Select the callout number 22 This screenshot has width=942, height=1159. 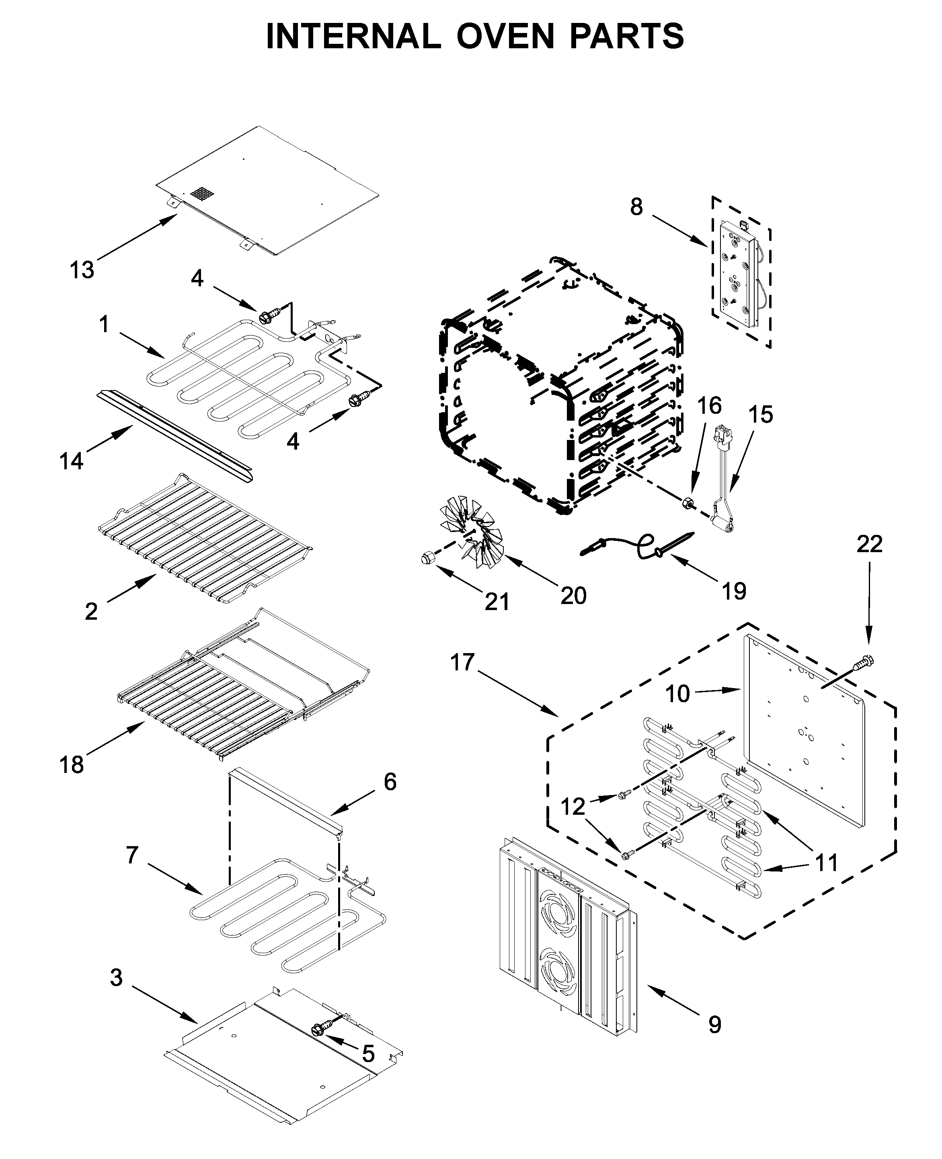(x=869, y=545)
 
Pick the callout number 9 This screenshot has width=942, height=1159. (x=714, y=1025)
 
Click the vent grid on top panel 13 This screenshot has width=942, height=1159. (x=201, y=194)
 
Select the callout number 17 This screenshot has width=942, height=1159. (x=462, y=662)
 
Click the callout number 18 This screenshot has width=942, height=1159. (x=71, y=765)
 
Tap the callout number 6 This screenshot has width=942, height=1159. (x=390, y=782)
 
